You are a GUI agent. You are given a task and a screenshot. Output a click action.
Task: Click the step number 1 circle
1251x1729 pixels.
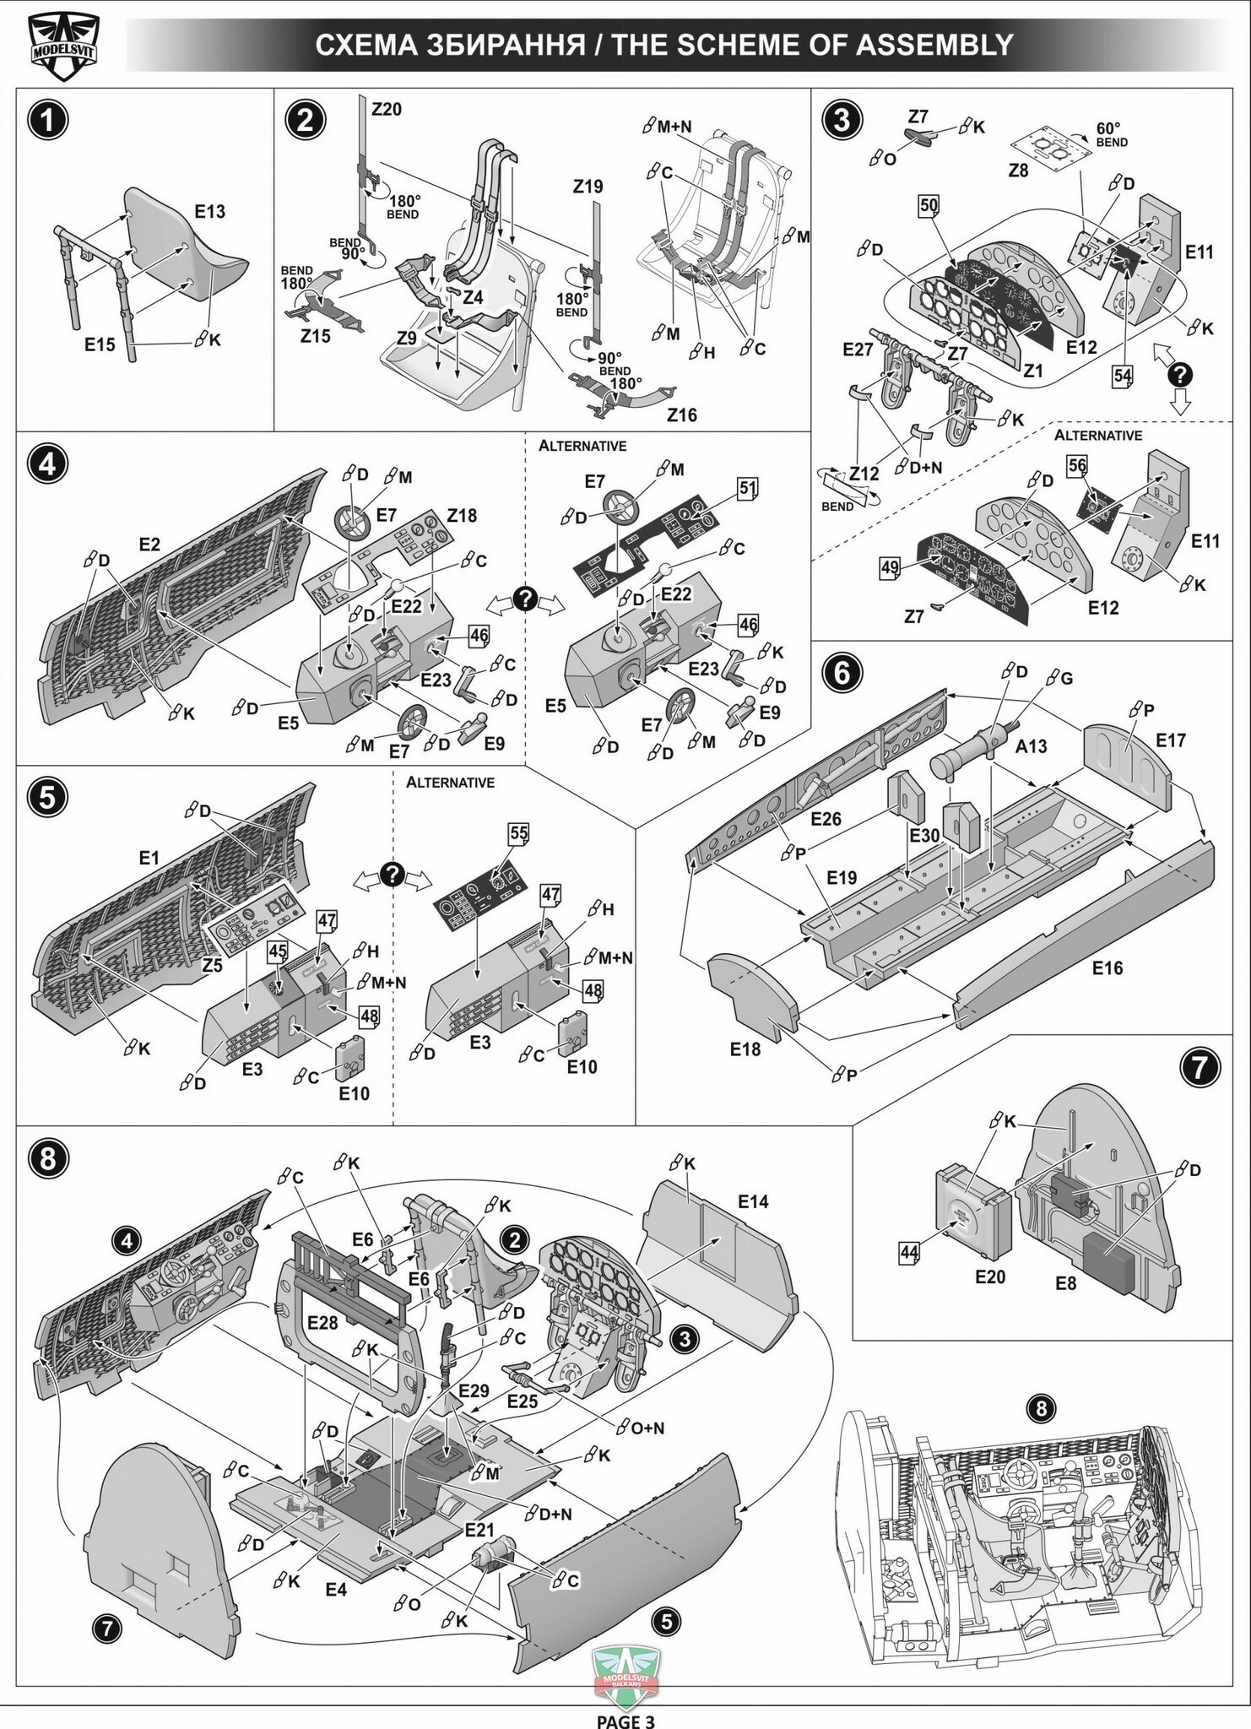[x=48, y=120]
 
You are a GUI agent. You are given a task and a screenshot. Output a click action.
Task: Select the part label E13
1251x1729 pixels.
[x=209, y=212]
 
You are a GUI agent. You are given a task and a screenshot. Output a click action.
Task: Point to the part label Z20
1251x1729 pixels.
[x=387, y=110]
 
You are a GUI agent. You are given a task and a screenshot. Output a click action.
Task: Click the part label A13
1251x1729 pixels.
[x=1031, y=745]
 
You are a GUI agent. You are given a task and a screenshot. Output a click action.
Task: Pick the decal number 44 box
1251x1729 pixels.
[x=908, y=1253]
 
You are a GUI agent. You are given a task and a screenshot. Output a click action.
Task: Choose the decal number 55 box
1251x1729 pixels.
[x=517, y=833]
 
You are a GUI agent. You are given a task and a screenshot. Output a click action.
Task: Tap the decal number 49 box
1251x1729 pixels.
[x=890, y=567]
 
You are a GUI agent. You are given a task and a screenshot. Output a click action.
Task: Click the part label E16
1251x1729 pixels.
[x=1107, y=967]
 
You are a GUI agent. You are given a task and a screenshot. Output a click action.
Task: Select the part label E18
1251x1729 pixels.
[x=745, y=1049]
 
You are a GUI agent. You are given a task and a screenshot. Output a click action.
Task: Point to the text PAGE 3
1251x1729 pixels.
[x=625, y=1721]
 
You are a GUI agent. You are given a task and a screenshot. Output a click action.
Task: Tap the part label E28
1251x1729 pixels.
[x=322, y=1322]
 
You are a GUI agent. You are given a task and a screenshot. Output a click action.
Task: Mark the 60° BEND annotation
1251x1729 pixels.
[x=1111, y=135]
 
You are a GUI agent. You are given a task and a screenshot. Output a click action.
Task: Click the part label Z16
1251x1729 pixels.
[x=681, y=415]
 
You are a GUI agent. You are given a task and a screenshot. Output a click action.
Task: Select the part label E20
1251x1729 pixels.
[x=989, y=1276]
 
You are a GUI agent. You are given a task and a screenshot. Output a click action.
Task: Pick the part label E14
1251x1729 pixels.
[x=753, y=1201]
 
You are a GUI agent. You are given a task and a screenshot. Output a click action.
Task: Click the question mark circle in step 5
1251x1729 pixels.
[x=393, y=875]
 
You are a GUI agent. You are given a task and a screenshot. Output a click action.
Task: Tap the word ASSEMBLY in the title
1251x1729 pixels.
[x=934, y=45]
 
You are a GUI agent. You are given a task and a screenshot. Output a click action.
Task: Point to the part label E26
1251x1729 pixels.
[x=826, y=818]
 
